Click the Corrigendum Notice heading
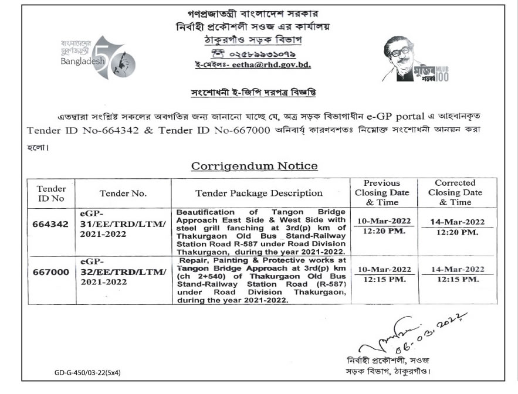click(255, 166)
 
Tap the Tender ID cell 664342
click(52, 225)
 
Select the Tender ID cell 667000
click(52, 272)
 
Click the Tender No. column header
click(123, 193)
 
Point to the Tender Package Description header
click(259, 193)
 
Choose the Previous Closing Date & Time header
click(381, 192)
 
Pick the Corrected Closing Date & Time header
click(455, 192)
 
